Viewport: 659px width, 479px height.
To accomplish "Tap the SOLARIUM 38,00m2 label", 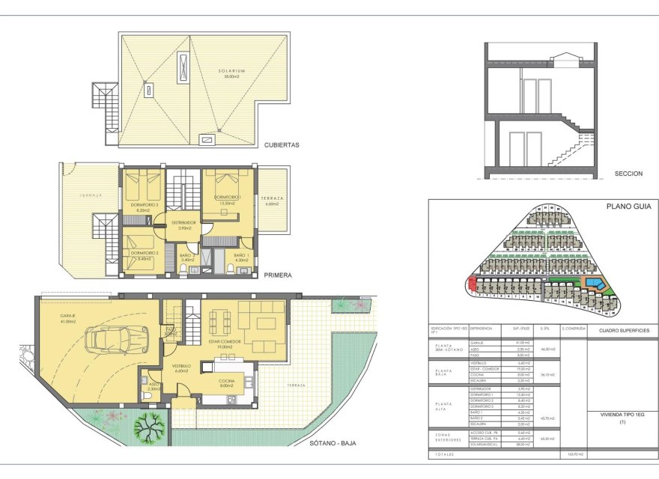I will pos(232,74).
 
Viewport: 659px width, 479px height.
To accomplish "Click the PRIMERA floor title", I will pos(278,275).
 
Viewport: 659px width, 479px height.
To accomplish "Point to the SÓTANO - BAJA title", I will pos(332,443).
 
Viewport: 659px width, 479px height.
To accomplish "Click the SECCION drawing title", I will pos(628,174).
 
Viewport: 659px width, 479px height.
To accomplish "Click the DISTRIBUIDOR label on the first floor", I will pos(183,225).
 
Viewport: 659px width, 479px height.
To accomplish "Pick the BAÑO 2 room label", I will pos(187,257).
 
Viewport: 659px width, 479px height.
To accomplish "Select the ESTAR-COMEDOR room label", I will pos(223,344).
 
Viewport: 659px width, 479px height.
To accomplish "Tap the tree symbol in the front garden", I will pos(148,428).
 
